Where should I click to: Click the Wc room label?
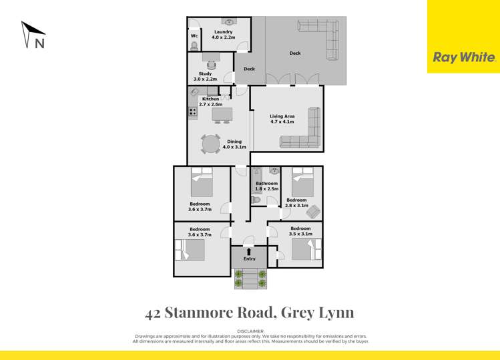194,36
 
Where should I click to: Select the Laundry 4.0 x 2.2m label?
223,35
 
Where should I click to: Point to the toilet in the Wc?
194,46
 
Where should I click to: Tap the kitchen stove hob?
193,112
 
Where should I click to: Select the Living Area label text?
282,119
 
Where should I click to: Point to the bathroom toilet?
257,199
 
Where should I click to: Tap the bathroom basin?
275,172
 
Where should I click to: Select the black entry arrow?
249,251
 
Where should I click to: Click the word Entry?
249,259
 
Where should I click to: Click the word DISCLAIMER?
250,331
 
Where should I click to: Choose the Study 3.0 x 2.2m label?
205,77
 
